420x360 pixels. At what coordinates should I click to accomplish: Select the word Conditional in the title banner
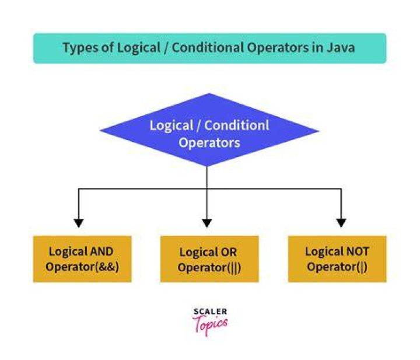(x=208, y=48)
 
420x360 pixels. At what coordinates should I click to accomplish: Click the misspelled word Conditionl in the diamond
(x=237, y=125)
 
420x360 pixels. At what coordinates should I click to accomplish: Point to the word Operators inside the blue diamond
(x=209, y=143)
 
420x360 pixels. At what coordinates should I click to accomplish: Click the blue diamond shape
(x=209, y=130)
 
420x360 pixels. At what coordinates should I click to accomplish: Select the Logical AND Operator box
(x=82, y=259)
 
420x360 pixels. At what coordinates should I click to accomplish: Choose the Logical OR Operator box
(x=209, y=259)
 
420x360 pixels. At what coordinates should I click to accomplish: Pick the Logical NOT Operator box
(x=337, y=259)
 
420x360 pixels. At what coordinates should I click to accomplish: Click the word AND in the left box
(x=101, y=251)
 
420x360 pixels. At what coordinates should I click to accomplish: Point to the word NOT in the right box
(x=358, y=251)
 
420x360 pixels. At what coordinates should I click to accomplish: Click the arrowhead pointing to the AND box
(x=79, y=223)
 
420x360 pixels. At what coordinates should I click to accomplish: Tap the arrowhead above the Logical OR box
(x=206, y=223)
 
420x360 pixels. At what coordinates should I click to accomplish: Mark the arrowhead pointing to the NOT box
(x=341, y=223)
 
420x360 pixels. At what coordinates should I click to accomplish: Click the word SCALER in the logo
(x=210, y=312)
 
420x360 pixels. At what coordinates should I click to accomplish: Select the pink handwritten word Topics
(x=210, y=324)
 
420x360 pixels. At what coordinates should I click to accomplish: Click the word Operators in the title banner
(x=278, y=48)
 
